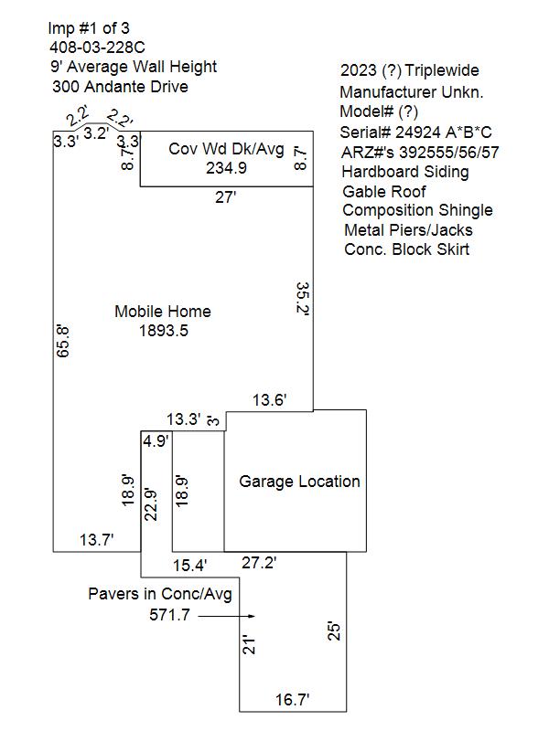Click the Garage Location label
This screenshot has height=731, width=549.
click(299, 482)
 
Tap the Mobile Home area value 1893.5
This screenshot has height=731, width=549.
click(164, 331)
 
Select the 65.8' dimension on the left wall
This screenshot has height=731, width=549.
click(63, 341)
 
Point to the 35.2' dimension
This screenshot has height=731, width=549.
click(303, 299)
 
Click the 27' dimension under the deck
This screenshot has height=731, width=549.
click(225, 197)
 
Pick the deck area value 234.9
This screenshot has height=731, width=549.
click(226, 168)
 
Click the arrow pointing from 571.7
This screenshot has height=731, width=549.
click(226, 616)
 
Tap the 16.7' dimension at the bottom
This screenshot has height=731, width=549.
click(292, 699)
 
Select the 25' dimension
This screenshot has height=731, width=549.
click(334, 630)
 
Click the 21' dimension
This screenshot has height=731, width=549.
click(249, 645)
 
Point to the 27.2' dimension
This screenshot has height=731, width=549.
click(259, 563)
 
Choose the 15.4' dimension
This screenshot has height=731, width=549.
click(190, 566)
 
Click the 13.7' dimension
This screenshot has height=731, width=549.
click(97, 540)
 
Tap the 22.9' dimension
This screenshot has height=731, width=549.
click(151, 505)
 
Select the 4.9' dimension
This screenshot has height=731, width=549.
click(156, 440)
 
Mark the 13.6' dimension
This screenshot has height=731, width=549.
click(270, 400)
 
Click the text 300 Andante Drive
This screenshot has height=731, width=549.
click(121, 87)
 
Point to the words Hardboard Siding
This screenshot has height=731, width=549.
click(405, 172)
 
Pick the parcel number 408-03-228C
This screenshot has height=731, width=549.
click(98, 48)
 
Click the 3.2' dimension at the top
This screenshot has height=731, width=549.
click(96, 133)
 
